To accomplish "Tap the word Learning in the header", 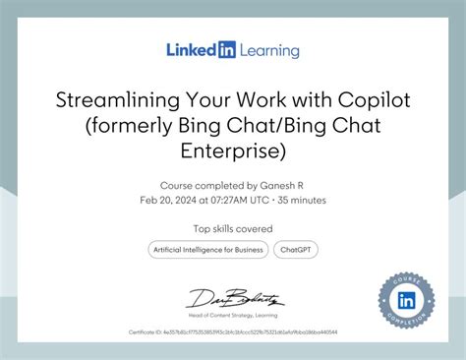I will tap(266, 49).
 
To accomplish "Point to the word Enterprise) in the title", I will tap(233, 150).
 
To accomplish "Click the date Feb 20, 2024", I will tap(169, 200).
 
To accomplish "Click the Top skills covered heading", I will tap(233, 229).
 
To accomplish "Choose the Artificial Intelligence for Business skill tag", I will tap(207, 250).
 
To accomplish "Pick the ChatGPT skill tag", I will tap(296, 250).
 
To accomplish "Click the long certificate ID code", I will tap(252, 332).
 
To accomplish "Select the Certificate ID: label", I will tap(146, 332).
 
